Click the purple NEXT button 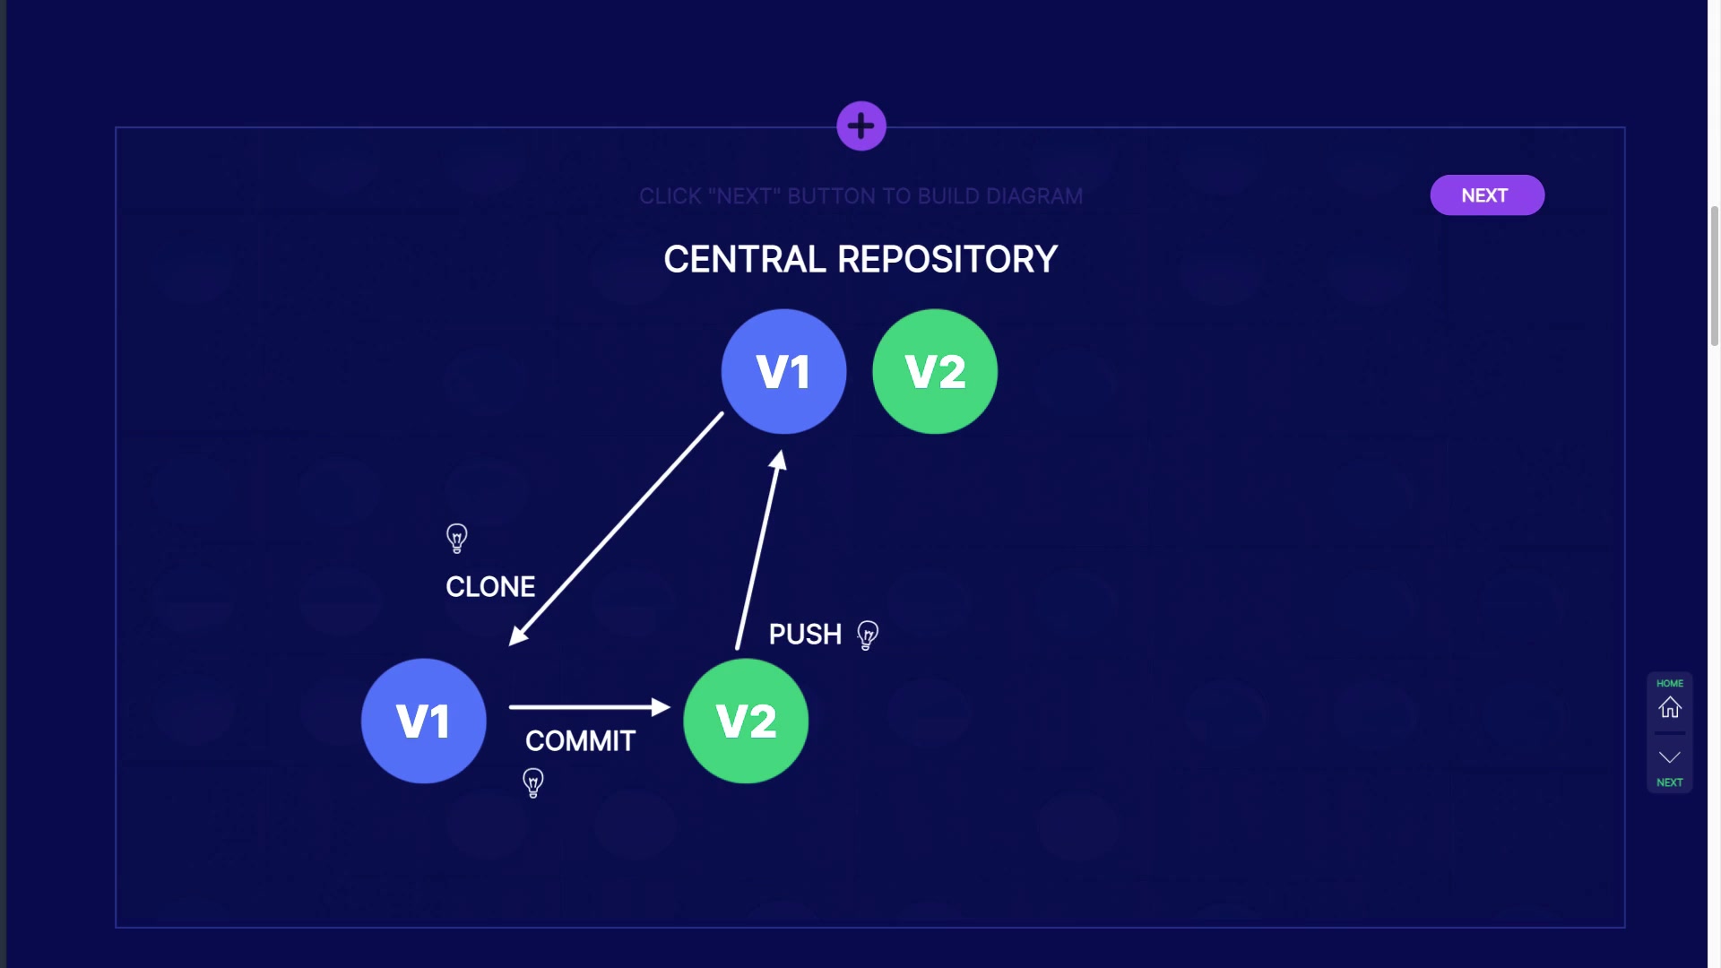(x=1486, y=195)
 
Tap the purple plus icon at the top (x=861, y=126)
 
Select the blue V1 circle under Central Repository (x=783, y=372)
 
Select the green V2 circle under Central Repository (x=935, y=372)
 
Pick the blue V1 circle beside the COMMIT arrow (x=423, y=722)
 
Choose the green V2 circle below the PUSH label (x=746, y=722)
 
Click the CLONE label (x=490, y=587)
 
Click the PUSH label (x=805, y=635)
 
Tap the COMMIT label (x=580, y=741)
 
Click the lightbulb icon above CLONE (x=457, y=538)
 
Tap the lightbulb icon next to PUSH (x=868, y=635)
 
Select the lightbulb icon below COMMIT (x=533, y=782)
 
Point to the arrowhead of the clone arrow (x=517, y=636)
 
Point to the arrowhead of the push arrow (x=778, y=461)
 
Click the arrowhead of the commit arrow (x=662, y=707)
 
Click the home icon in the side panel (x=1669, y=707)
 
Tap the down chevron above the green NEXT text (x=1669, y=757)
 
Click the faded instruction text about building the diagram (x=860, y=196)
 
